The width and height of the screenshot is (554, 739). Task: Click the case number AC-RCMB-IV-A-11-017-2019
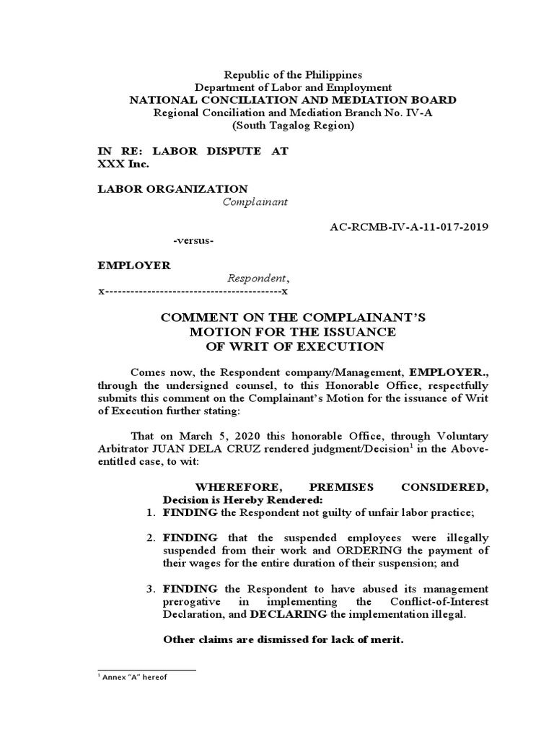pos(408,227)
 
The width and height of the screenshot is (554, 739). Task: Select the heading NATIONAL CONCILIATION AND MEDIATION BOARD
pos(292,100)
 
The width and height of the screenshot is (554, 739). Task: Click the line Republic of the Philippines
pos(293,74)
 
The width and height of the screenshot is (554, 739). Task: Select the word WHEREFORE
pos(216,487)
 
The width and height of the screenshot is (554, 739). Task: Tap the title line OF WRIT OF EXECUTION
pos(292,346)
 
